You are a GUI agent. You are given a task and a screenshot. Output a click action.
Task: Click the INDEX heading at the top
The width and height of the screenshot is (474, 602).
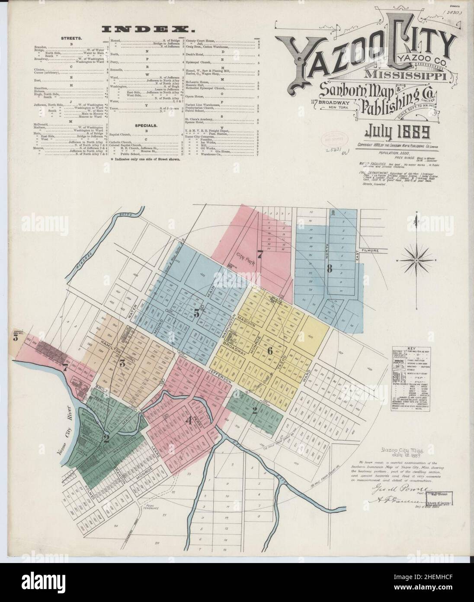[x=147, y=29]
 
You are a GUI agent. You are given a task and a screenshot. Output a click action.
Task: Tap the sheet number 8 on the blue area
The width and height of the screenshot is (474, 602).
[x=330, y=269]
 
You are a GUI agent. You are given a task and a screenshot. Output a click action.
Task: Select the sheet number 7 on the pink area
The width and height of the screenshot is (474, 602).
[x=259, y=254]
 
